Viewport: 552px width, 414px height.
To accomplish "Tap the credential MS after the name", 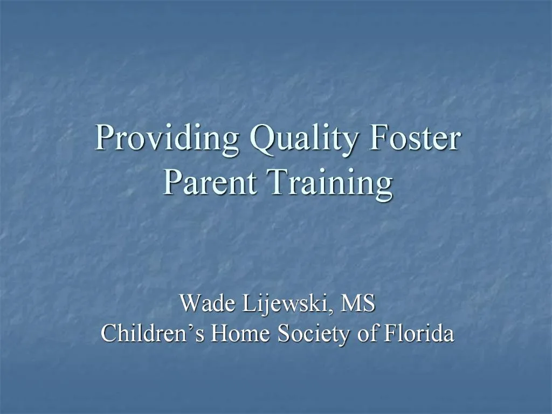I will tap(358, 303).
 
